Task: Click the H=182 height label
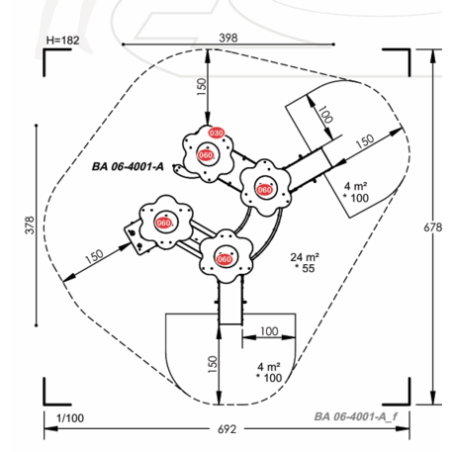(62, 41)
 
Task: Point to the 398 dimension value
(228, 38)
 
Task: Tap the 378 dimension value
(30, 226)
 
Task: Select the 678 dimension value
(432, 227)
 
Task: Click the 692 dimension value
(226, 429)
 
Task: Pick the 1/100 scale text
(70, 418)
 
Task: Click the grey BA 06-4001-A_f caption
(356, 416)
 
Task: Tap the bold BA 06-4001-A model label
(128, 166)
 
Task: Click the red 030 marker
(217, 133)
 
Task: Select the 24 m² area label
(305, 257)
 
